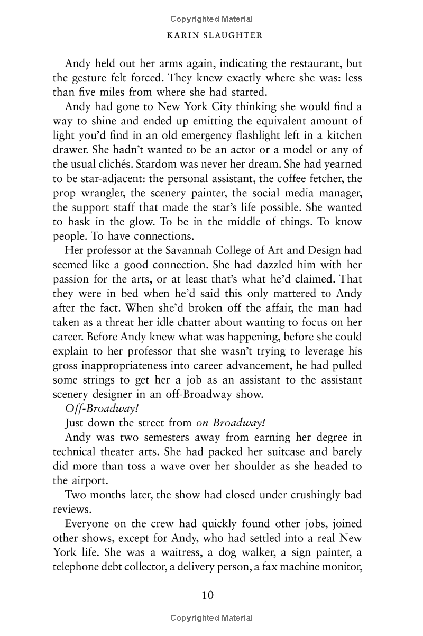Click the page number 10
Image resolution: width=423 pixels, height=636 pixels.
[x=207, y=596]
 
